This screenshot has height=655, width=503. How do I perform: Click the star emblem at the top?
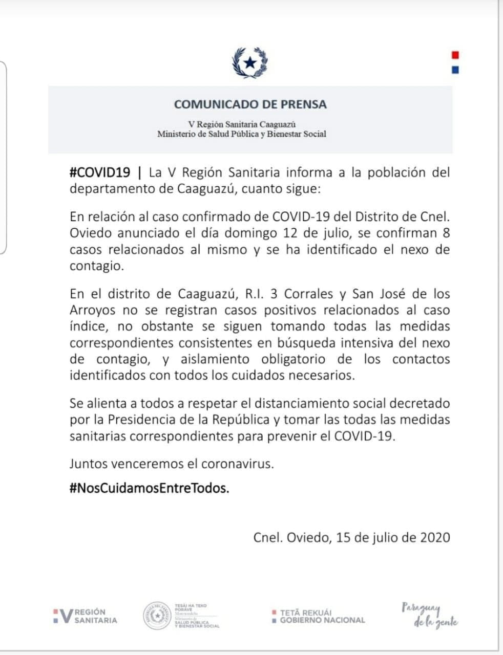pyautogui.click(x=250, y=62)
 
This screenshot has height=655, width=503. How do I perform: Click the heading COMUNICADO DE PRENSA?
pyautogui.click(x=250, y=104)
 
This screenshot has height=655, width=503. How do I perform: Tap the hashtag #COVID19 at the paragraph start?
pyautogui.click(x=100, y=172)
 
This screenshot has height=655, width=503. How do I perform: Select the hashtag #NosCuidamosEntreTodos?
pyautogui.click(x=149, y=488)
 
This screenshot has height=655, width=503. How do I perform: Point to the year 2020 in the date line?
pyautogui.click(x=435, y=537)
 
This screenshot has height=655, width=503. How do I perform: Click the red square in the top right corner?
pyautogui.click(x=455, y=55)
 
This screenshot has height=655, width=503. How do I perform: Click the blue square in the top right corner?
pyautogui.click(x=455, y=70)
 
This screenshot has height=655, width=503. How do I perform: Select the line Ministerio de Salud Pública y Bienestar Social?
pyautogui.click(x=241, y=134)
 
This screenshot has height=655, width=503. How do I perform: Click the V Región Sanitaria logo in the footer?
pyautogui.click(x=85, y=616)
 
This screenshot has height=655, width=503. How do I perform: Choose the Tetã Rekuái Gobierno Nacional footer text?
pyautogui.click(x=319, y=616)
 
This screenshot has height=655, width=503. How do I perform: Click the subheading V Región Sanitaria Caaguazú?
pyautogui.click(x=242, y=124)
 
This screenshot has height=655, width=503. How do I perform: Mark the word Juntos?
pyautogui.click(x=89, y=464)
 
